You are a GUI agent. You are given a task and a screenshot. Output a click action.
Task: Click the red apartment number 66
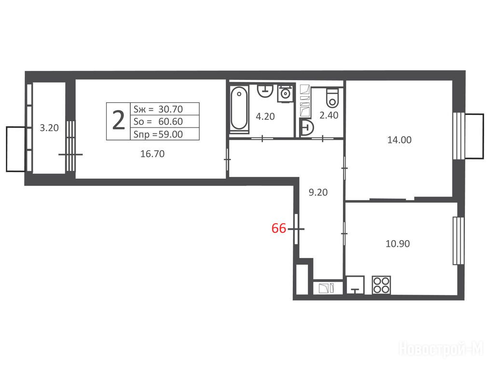(x=279, y=228)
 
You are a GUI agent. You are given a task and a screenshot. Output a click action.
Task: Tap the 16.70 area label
(x=152, y=154)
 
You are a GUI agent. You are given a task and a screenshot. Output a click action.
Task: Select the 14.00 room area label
(x=399, y=140)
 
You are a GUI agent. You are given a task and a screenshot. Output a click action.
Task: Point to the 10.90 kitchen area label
(x=397, y=243)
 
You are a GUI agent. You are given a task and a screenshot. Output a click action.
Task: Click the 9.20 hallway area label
(x=318, y=192)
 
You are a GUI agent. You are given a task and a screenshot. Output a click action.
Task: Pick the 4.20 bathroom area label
(x=265, y=116)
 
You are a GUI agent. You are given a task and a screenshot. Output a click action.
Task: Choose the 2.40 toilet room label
(x=329, y=115)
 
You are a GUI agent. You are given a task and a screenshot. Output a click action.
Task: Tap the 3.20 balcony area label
(x=49, y=128)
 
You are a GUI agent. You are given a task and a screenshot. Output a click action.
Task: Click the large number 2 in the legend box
(x=118, y=121)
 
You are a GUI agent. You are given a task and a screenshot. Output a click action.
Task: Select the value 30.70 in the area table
(x=171, y=109)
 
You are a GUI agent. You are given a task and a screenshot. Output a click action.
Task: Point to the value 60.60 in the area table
(x=171, y=121)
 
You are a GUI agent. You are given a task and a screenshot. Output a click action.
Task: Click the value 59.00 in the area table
(x=171, y=134)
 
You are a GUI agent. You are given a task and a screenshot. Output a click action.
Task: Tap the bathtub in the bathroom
(x=239, y=109)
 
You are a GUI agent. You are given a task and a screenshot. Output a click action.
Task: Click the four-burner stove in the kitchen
(x=381, y=285)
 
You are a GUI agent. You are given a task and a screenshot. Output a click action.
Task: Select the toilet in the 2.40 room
(x=332, y=98)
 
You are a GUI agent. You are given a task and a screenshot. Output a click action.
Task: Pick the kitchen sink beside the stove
(x=355, y=285)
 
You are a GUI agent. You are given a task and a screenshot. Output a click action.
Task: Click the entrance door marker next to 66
(x=296, y=229)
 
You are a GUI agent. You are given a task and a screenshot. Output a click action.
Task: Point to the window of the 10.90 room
(x=459, y=241)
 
